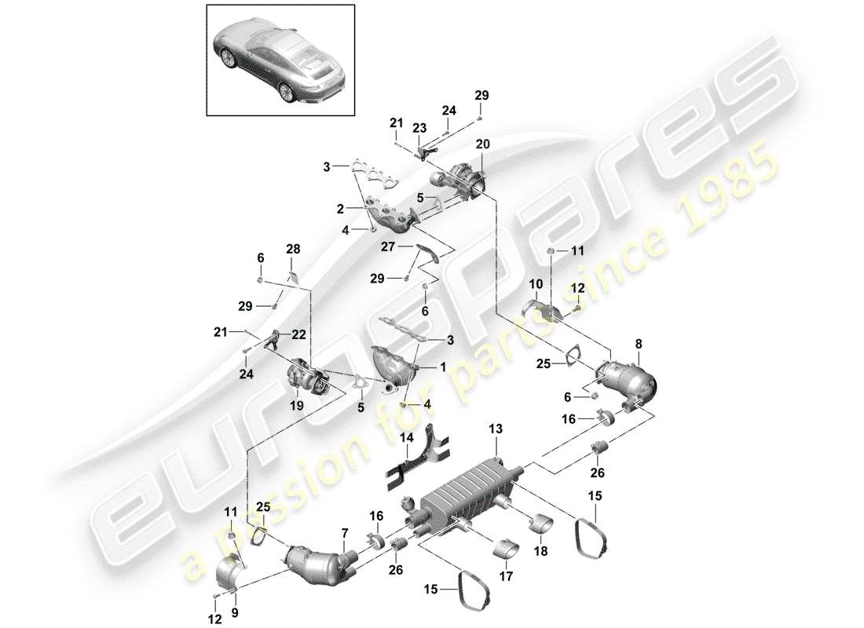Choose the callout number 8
pos(638,343)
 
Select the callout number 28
pos(293,250)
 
